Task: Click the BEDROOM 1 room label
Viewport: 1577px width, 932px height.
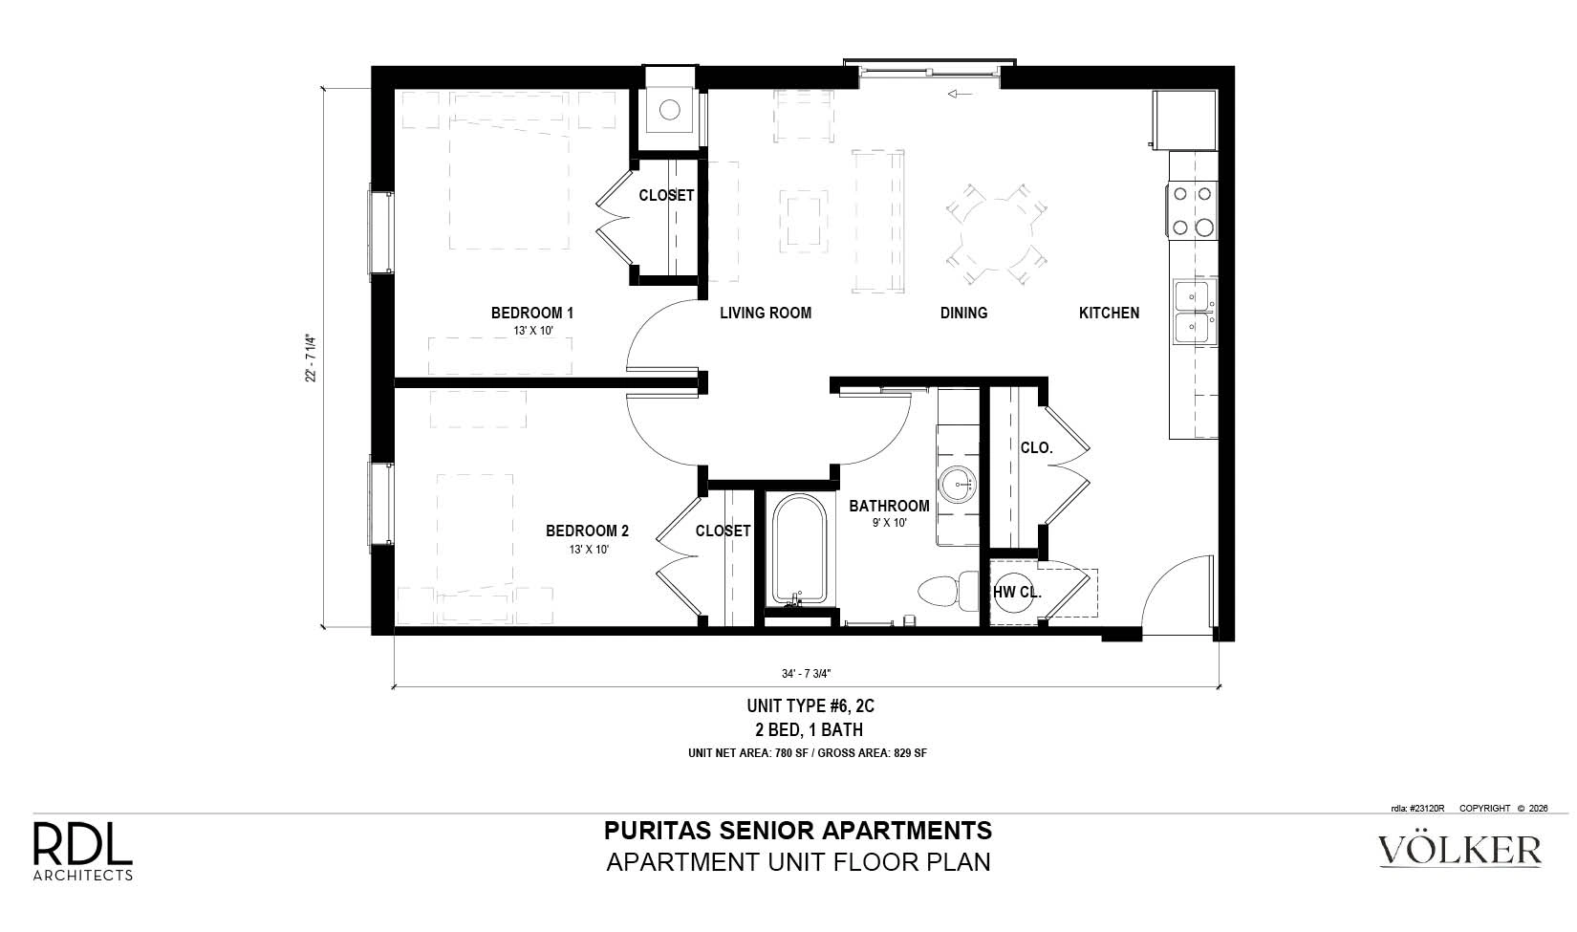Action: click(531, 313)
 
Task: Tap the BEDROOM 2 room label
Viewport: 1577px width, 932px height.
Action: click(587, 531)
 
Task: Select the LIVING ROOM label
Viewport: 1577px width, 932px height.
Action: click(766, 313)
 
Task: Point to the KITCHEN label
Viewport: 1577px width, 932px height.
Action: click(1109, 313)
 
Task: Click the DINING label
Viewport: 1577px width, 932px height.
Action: click(963, 313)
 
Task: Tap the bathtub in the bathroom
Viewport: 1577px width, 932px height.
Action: click(799, 550)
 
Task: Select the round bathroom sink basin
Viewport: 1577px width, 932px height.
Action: click(958, 485)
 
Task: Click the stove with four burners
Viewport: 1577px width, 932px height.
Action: click(1193, 210)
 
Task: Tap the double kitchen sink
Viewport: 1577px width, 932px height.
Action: click(1194, 313)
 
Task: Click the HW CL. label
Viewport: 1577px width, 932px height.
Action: click(1017, 592)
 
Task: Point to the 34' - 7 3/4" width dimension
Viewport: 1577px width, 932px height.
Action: click(806, 674)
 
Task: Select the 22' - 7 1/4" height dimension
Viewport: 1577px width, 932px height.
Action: click(311, 358)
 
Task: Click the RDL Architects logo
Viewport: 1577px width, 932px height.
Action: click(83, 851)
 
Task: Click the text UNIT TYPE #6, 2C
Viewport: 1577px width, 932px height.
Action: click(810, 705)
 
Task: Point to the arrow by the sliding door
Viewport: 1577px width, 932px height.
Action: click(961, 94)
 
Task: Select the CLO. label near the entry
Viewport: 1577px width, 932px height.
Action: click(1036, 447)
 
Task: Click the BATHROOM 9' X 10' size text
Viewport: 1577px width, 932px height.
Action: click(889, 523)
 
